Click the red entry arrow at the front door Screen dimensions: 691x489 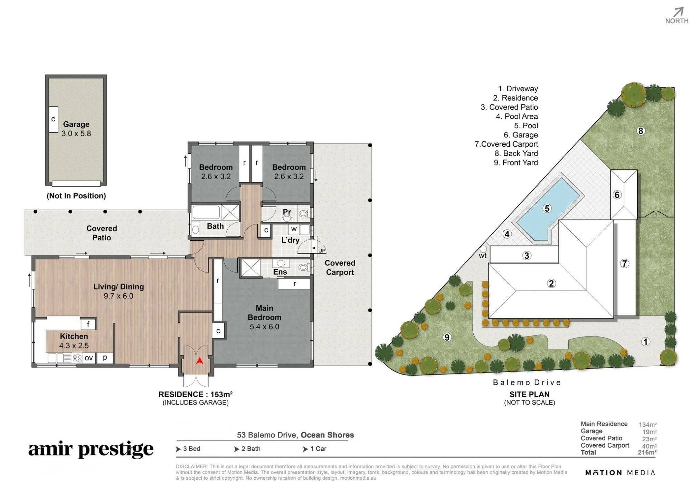point(199,361)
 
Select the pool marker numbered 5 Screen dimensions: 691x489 point(547,208)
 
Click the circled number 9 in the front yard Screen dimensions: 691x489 point(447,337)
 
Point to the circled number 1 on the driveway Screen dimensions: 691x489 point(645,342)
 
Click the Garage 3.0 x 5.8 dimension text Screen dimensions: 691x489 point(76,133)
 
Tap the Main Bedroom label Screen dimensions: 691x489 point(264,313)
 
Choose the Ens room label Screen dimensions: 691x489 point(280,272)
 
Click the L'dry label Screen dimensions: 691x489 point(290,240)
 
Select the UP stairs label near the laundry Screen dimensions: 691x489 point(322,251)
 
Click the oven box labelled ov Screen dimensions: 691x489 point(89,358)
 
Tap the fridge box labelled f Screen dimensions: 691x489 point(88,324)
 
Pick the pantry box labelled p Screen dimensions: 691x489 point(105,358)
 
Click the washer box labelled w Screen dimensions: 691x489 point(294,229)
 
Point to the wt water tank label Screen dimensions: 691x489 point(482,256)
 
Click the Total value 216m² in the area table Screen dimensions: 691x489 point(647,452)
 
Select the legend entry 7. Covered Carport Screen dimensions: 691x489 point(506,144)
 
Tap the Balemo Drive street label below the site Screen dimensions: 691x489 point(527,382)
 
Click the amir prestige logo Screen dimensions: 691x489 point(91,450)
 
